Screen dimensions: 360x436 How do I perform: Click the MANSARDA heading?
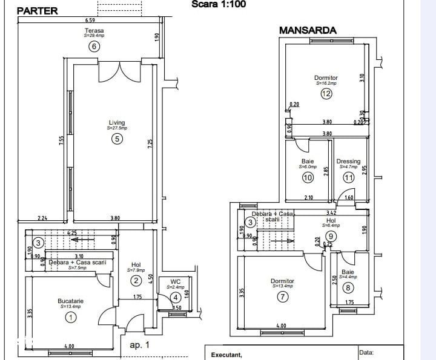tap(308, 30)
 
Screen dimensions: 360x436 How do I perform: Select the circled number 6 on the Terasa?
tap(94, 46)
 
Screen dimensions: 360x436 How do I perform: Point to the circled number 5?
tap(117, 139)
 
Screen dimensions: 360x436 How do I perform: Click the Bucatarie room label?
tap(71, 301)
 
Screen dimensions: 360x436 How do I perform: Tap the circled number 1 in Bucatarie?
tap(71, 316)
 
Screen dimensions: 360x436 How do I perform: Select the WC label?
tap(175, 281)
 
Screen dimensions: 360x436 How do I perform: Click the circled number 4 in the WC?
tap(175, 297)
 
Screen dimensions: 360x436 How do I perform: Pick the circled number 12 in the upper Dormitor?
tap(326, 94)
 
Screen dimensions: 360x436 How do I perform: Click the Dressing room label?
tap(348, 162)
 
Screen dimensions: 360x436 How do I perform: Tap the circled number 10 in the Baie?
tap(308, 178)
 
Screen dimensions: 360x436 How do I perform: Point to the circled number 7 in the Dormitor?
tap(282, 296)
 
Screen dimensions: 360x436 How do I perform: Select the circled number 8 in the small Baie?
tap(348, 288)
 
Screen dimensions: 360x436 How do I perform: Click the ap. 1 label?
tap(139, 345)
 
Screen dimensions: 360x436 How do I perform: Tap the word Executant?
tap(226, 355)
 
